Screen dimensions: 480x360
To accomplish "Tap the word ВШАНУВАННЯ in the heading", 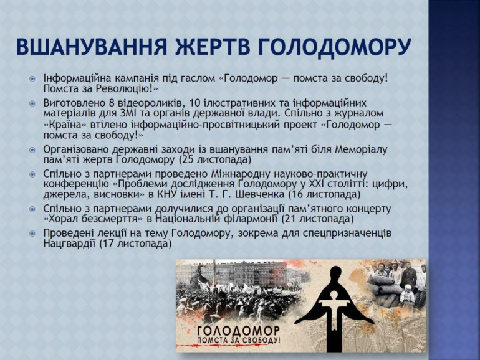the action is click(91, 47).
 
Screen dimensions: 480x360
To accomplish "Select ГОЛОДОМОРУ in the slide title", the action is click(334, 47).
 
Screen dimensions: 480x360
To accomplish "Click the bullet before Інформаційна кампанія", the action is click(32, 79).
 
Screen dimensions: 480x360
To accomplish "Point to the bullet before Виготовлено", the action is click(32, 103).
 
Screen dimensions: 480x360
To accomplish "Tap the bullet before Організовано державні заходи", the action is click(32, 150).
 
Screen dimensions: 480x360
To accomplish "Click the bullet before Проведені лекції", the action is click(32, 234).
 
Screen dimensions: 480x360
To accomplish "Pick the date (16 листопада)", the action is click(324, 194).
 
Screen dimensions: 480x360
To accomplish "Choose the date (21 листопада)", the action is click(317, 219).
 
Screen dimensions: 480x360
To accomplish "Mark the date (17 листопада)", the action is click(136, 244).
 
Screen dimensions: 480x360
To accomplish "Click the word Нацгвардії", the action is click(70, 244).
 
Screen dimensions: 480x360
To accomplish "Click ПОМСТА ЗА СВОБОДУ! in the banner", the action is click(239, 341).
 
